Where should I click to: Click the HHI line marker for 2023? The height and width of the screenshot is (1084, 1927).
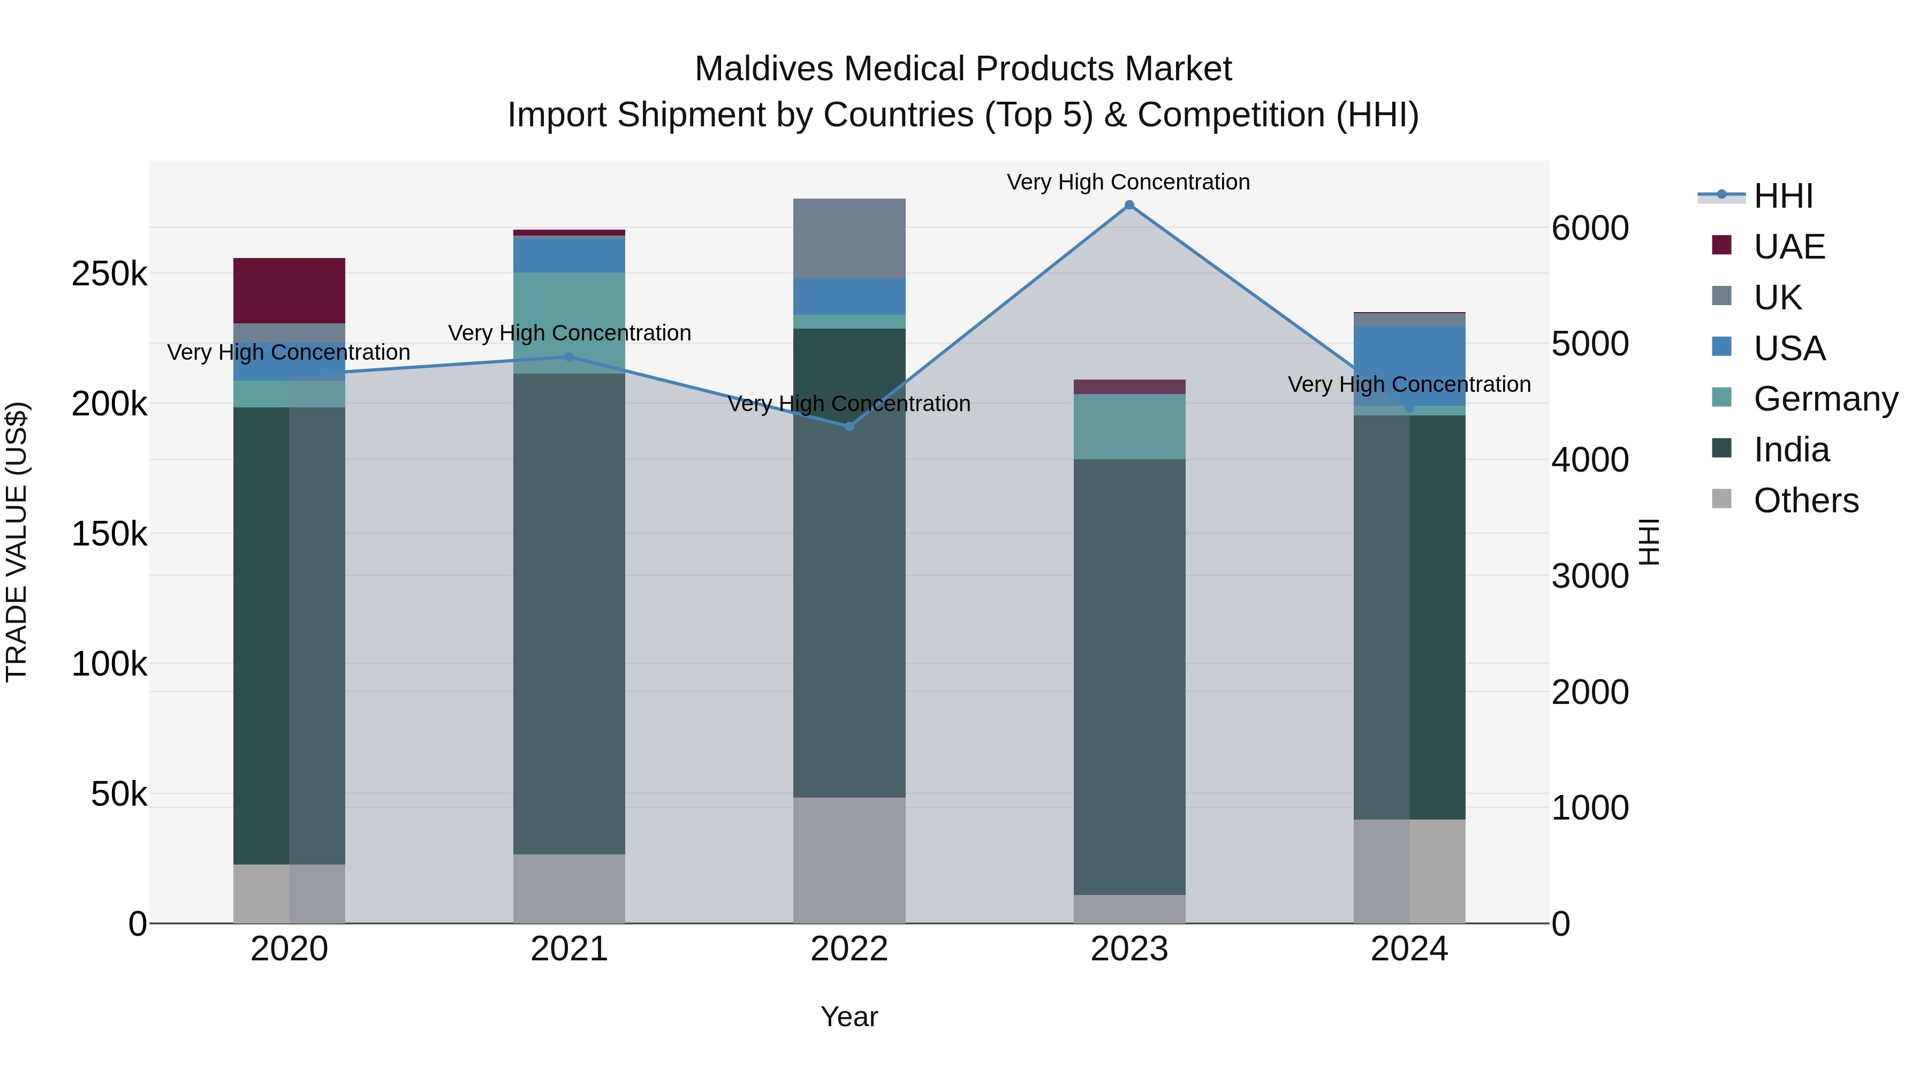[x=1129, y=205]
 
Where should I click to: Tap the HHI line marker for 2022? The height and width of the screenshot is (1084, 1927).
[x=849, y=427]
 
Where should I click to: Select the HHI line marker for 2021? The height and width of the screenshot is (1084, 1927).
[x=570, y=357]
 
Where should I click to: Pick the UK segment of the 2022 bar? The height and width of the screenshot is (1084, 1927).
[x=849, y=239]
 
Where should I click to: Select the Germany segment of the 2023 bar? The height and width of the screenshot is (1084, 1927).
[x=1129, y=427]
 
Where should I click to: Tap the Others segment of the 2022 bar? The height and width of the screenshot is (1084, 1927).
[x=849, y=860]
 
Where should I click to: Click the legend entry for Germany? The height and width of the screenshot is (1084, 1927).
[x=1825, y=399]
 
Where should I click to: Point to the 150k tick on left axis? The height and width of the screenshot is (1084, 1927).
[x=109, y=534]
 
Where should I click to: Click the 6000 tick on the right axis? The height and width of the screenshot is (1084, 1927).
[x=1590, y=228]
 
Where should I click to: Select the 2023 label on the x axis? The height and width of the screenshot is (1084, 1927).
[x=1129, y=949]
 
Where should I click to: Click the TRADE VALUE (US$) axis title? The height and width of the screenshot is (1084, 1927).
[x=17, y=542]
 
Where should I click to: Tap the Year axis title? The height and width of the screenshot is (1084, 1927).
[x=849, y=1017]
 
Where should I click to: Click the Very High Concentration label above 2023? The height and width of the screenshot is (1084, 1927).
[x=1127, y=182]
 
